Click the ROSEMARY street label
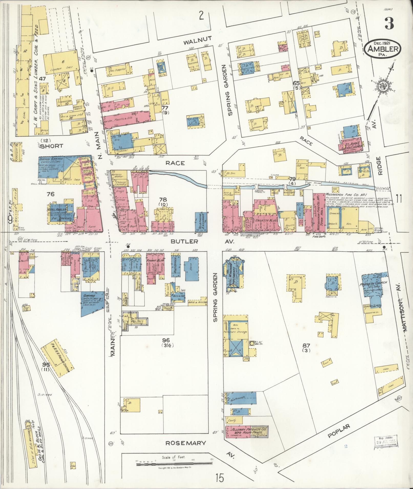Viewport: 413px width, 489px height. [x=185, y=443]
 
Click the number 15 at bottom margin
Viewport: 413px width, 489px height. [x=219, y=477]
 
